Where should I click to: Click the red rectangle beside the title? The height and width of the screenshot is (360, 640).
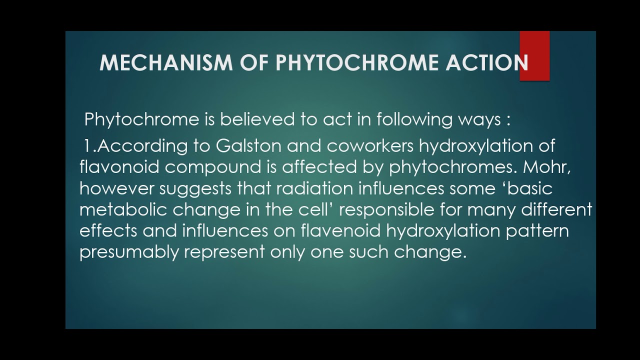pyautogui.click(x=534, y=55)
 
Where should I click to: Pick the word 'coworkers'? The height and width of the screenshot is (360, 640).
pyautogui.click(x=370, y=146)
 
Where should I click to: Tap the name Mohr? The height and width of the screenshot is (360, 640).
pyautogui.click(x=547, y=167)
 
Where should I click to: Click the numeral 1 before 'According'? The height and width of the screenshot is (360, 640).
pyautogui.click(x=87, y=146)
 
